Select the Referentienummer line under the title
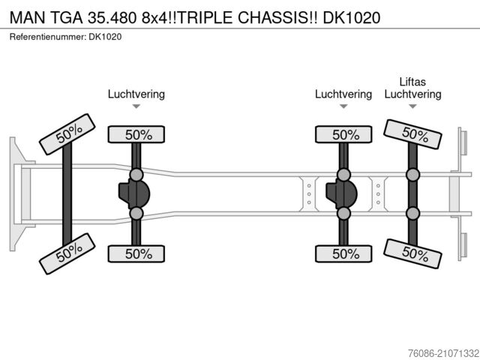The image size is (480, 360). pyautogui.click(x=67, y=36)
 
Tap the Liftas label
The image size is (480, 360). pyautogui.click(x=412, y=81)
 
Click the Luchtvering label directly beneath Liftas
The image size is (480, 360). pyautogui.click(x=412, y=94)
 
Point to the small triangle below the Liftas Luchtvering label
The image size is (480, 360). pyautogui.click(x=412, y=107)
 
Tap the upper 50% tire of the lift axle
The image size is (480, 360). pyautogui.click(x=412, y=134)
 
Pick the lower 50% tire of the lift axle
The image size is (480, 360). pyautogui.click(x=412, y=254)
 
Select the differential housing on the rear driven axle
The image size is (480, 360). pyautogui.click(x=341, y=194)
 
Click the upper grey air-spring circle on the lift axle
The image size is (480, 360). pyautogui.click(x=412, y=175)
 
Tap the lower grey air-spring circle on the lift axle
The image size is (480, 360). pyautogui.click(x=412, y=214)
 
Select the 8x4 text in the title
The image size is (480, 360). pyautogui.click(x=156, y=15)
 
